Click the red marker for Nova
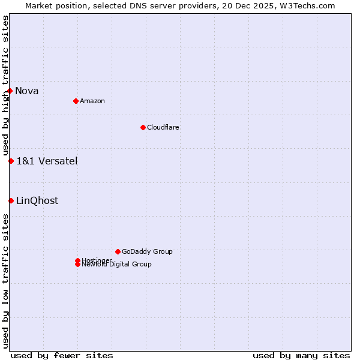(10, 91)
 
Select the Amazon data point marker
(76, 101)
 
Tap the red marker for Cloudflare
(143, 127)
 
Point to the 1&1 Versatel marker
(11, 161)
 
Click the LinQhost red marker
(11, 200)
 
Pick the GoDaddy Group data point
(118, 251)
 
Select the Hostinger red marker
(77, 260)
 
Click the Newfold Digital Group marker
(77, 265)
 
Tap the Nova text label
(27, 91)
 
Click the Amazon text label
(92, 101)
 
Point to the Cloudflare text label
(163, 127)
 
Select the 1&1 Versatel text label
(47, 161)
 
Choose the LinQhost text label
(37, 201)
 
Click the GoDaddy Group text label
(147, 251)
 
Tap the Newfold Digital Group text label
(117, 265)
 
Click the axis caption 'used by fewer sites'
(62, 355)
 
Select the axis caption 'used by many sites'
(301, 355)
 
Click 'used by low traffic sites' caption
(5, 281)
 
